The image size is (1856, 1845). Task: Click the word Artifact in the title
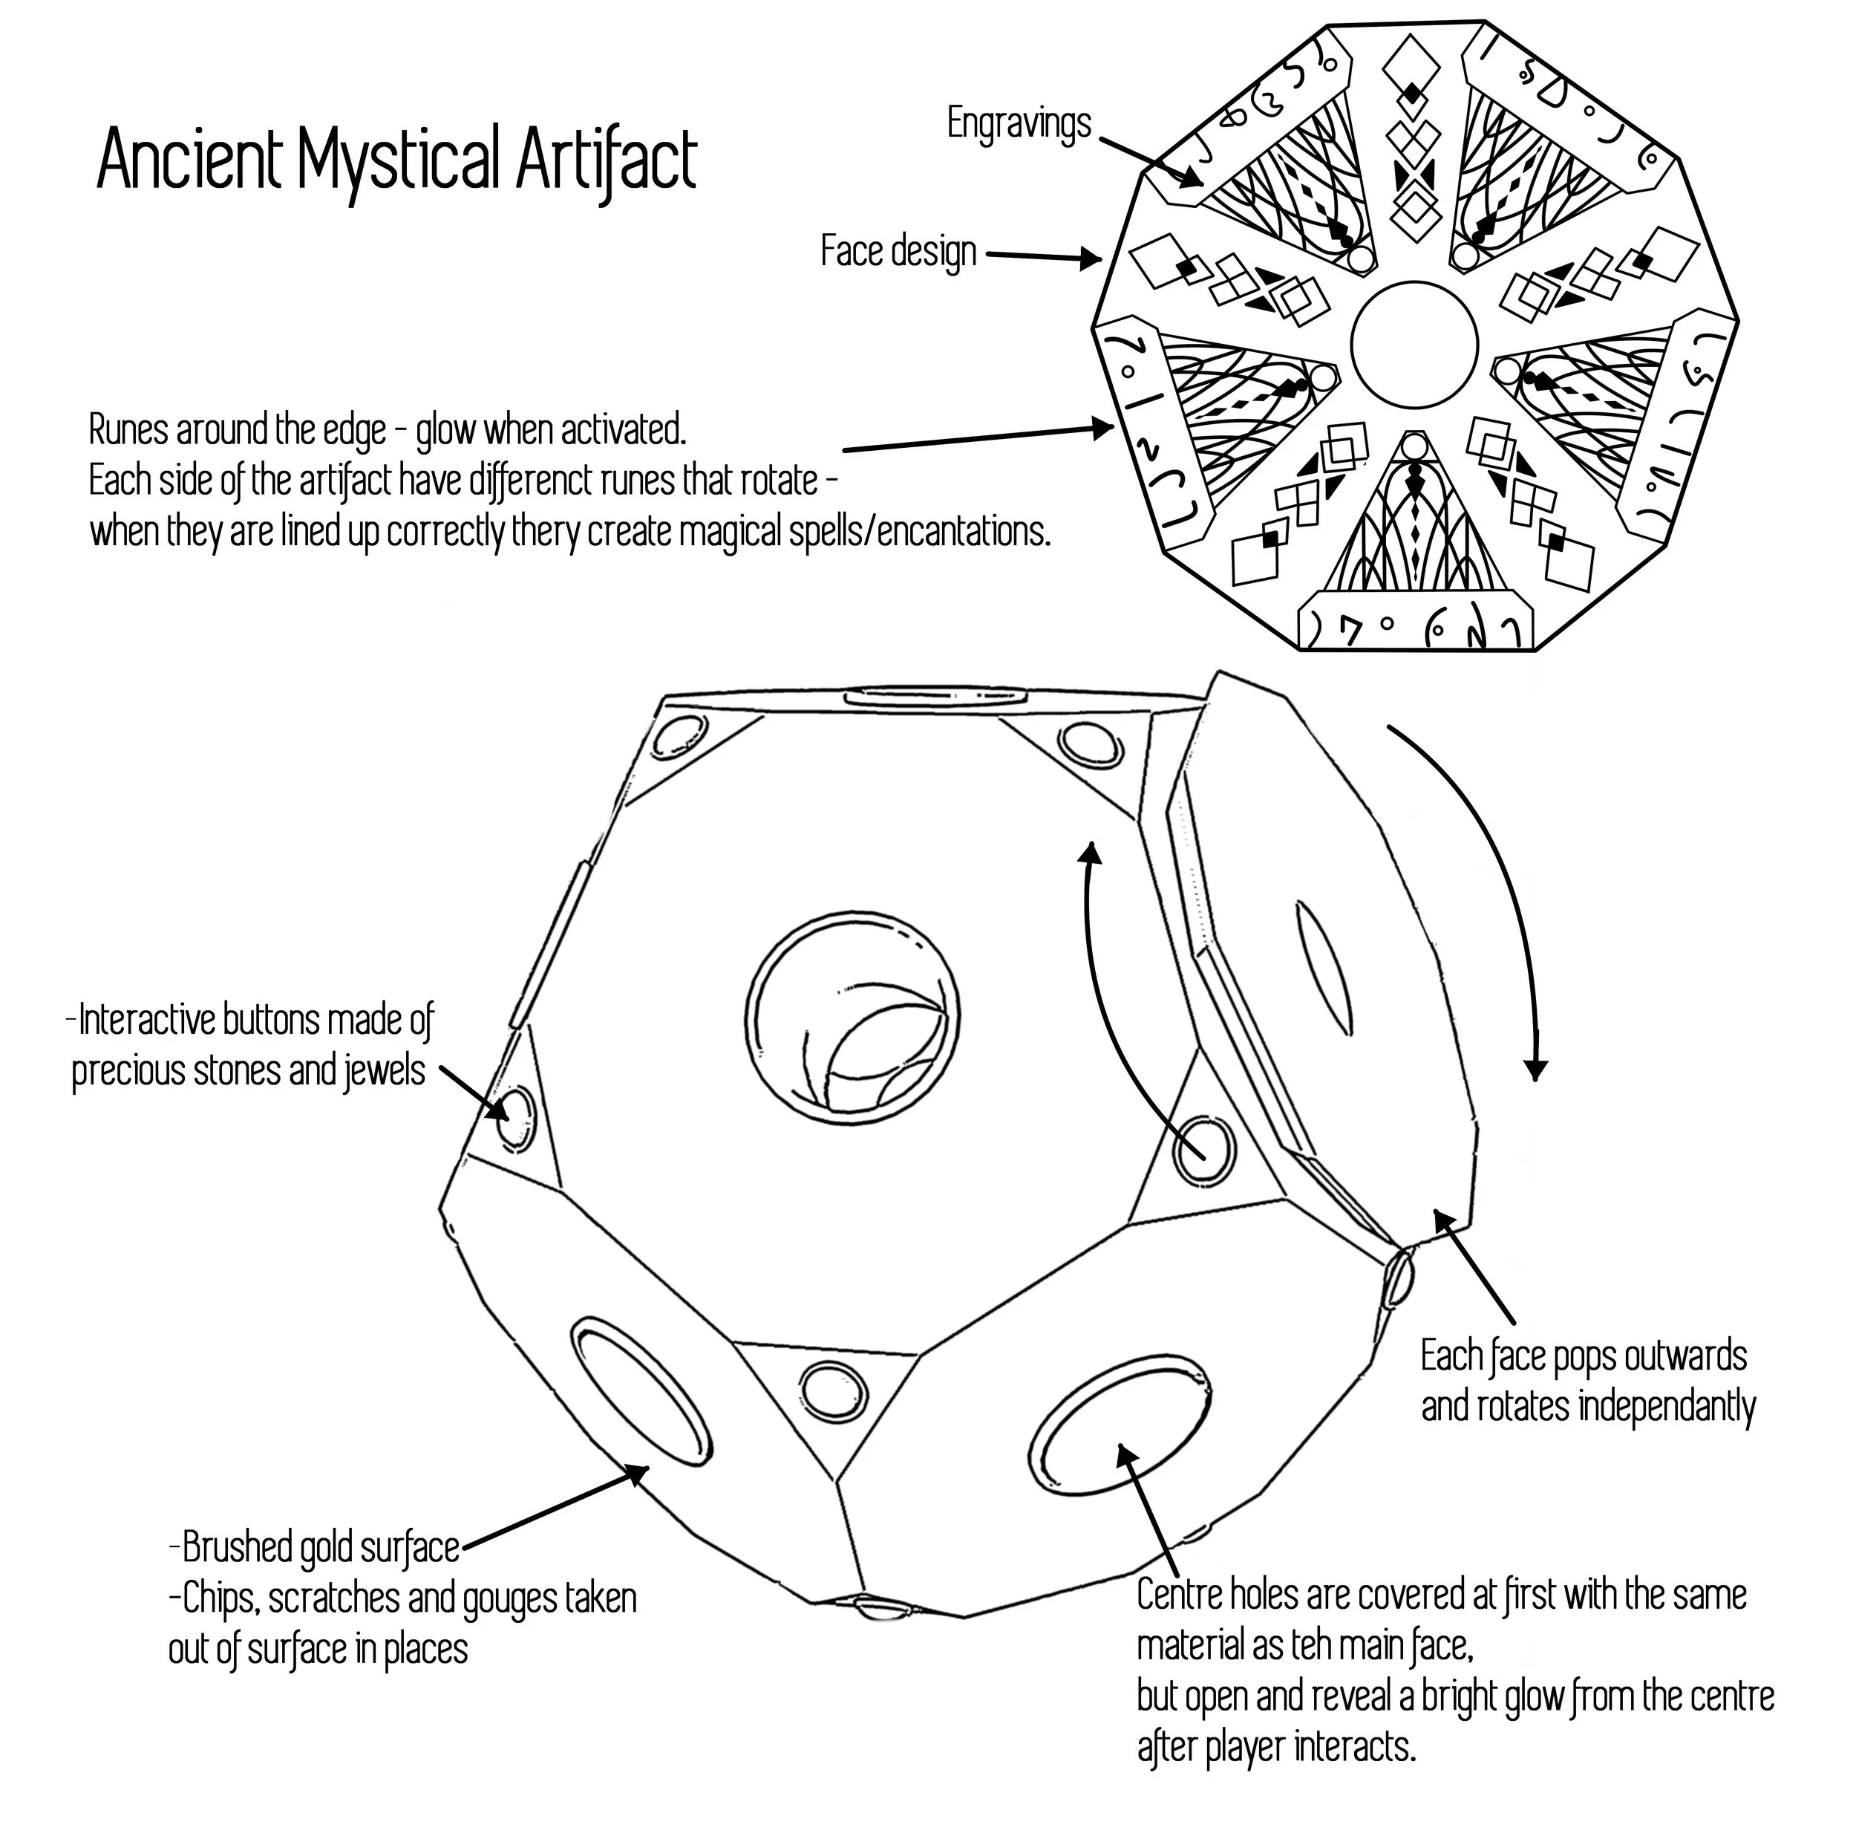coord(605,160)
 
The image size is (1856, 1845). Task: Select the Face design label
coord(898,252)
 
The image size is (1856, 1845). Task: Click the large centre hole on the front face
coord(852,1021)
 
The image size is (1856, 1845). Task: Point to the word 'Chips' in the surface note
coord(215,1599)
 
